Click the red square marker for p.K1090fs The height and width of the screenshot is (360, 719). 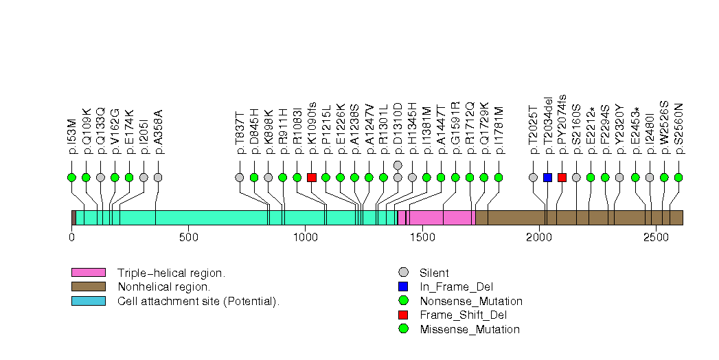(x=311, y=177)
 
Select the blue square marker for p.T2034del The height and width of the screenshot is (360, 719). (x=547, y=177)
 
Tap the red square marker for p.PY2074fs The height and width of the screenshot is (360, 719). (x=562, y=177)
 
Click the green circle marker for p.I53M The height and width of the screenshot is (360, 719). (x=71, y=177)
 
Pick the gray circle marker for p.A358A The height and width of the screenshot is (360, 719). (x=158, y=177)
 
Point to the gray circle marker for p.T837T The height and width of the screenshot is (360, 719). (x=240, y=177)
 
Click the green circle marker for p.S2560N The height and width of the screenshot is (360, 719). (x=678, y=177)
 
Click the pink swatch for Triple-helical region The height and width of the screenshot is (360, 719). (x=88, y=273)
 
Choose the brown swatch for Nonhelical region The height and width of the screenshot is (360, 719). (x=88, y=286)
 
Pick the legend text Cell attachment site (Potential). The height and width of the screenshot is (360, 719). (x=198, y=301)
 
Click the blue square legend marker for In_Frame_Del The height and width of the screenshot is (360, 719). (x=403, y=287)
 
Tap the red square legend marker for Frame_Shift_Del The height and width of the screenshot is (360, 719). (x=403, y=315)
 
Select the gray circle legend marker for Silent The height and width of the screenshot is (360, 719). (x=403, y=273)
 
